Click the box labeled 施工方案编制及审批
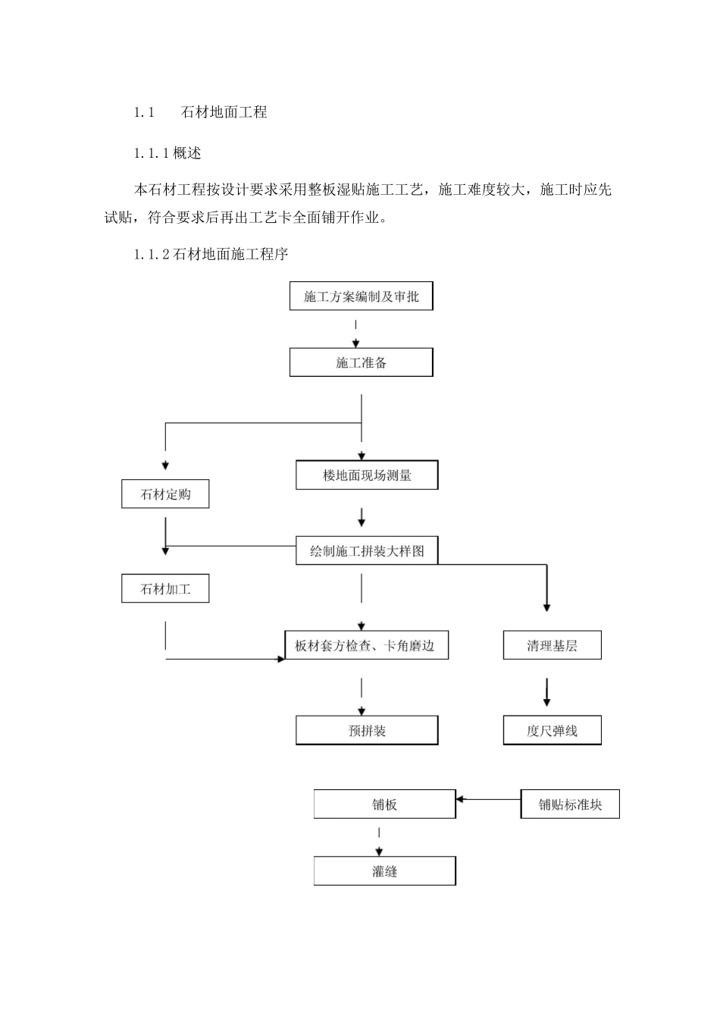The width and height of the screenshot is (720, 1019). [x=361, y=296]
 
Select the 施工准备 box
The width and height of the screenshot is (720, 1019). [x=361, y=362]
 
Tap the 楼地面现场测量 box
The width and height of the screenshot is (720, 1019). [x=367, y=475]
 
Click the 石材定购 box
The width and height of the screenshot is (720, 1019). [x=165, y=494]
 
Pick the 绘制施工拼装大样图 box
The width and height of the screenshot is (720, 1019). [x=367, y=551]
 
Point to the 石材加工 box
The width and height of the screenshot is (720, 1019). [x=165, y=588]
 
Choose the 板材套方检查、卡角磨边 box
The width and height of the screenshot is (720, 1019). [x=366, y=646]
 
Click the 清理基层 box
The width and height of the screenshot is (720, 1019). [x=552, y=646]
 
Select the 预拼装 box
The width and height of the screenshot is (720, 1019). [x=367, y=731]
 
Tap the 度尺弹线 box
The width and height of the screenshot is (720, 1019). [x=552, y=731]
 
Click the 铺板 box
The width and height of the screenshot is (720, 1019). [x=384, y=804]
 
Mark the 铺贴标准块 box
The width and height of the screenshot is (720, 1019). [x=570, y=804]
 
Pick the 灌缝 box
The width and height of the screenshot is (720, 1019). [x=384, y=871]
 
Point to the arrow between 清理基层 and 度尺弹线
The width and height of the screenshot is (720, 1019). [x=546, y=691]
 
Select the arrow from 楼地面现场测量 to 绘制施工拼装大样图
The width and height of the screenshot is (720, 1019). [x=362, y=517]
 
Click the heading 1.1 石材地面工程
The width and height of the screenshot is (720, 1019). [x=201, y=112]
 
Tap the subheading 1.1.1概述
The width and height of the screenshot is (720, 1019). [x=167, y=153]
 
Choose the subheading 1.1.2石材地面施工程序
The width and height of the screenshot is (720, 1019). [x=211, y=255]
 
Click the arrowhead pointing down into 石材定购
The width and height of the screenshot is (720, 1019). [x=165, y=466]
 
